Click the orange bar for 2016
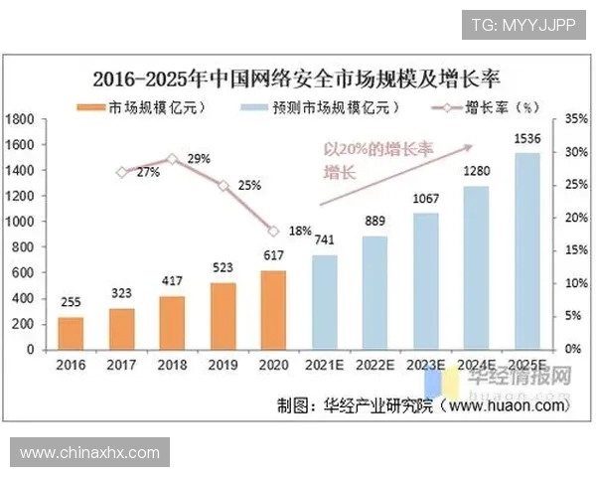[71, 333]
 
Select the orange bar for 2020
[273, 310]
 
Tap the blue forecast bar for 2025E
[526, 251]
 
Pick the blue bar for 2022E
[374, 292]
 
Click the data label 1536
[527, 140]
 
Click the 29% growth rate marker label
[198, 159]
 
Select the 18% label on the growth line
[298, 231]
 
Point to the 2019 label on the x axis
[223, 365]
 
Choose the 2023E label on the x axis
[426, 365]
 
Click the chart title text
[298, 78]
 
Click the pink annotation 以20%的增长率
[379, 150]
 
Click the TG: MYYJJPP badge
[523, 25]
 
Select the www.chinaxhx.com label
[89, 452]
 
